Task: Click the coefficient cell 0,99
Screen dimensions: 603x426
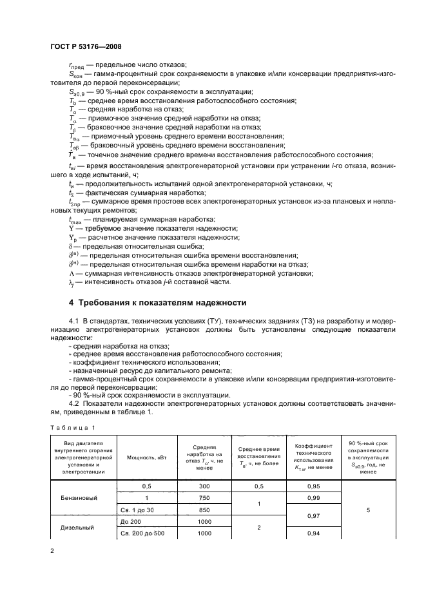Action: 313,499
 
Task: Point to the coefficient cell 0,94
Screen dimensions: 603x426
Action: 313,534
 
